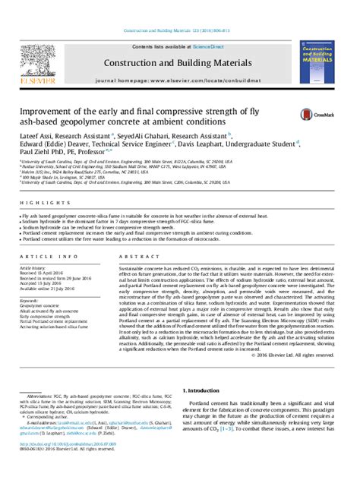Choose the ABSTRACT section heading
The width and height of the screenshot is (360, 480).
145,258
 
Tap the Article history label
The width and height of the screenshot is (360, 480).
36,268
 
